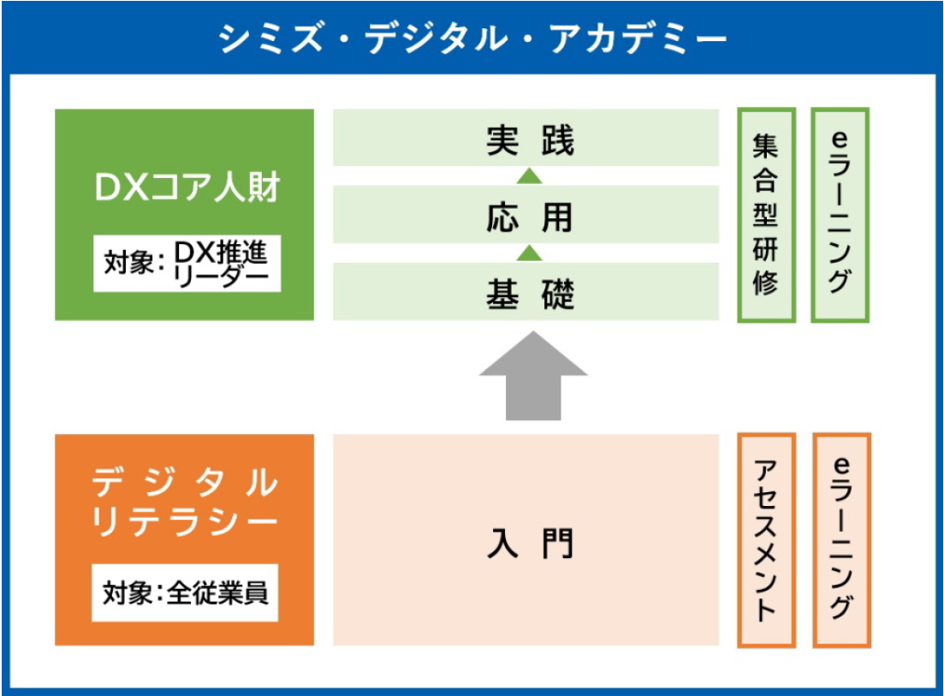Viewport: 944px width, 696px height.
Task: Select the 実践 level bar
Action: coord(525,138)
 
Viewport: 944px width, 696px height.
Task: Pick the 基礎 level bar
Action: coord(525,292)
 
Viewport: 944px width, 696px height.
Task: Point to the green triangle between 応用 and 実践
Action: coord(531,176)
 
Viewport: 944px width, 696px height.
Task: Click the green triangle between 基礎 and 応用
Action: coord(531,253)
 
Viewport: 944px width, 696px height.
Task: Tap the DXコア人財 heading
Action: coord(186,187)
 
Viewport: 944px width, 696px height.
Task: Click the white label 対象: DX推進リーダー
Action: coord(186,264)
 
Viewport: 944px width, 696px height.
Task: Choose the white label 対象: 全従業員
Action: coord(186,592)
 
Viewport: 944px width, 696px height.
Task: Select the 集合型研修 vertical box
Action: coord(766,215)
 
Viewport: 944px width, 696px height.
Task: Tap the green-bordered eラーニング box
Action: coord(840,215)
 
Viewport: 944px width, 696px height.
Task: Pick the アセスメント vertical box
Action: coord(766,540)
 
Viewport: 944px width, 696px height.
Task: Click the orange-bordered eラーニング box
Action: coord(840,540)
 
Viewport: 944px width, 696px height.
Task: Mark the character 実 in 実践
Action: coord(504,140)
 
